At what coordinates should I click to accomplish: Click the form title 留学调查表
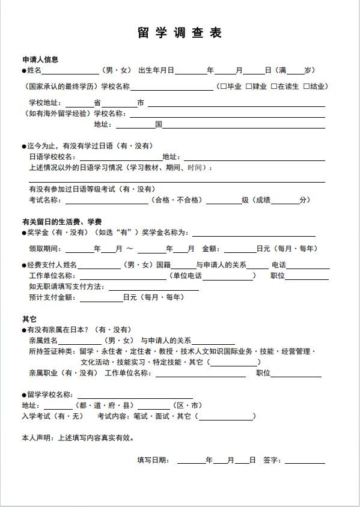coord(180,33)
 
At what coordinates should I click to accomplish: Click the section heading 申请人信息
coord(40,59)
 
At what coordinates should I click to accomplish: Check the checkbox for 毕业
coord(224,87)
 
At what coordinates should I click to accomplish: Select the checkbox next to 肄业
coord(249,87)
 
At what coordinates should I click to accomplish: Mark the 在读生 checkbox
coord(274,87)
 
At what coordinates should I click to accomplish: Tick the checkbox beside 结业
coord(307,87)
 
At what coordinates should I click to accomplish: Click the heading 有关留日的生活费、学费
coord(62,222)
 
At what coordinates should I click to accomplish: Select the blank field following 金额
coord(240,249)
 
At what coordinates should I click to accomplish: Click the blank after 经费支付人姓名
coord(99,265)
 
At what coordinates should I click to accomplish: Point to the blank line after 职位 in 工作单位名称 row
coord(307,276)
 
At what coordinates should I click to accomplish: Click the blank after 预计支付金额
coord(106,297)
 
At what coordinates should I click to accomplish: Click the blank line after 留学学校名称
coord(134,395)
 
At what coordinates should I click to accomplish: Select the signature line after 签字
coord(305,460)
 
